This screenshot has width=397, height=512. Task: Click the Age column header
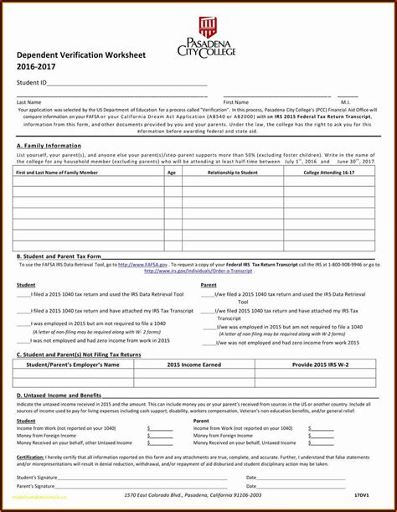click(172, 172)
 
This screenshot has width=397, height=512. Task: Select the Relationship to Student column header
click(233, 172)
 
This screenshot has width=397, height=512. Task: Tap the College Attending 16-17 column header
click(328, 172)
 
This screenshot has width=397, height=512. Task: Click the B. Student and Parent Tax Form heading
click(59, 256)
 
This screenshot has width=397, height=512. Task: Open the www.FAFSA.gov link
click(137, 264)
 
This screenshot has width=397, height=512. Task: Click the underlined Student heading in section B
click(26, 285)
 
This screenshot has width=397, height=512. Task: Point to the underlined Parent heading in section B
click(209, 285)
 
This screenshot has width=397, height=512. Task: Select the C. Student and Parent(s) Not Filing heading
click(79, 354)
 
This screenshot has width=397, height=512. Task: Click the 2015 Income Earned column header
click(194, 365)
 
